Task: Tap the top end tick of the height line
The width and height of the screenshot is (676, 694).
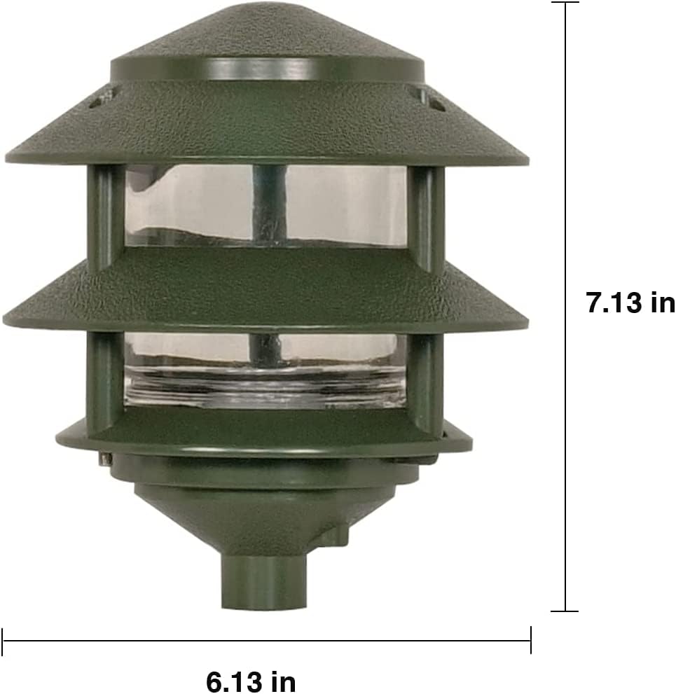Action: click(565, 3)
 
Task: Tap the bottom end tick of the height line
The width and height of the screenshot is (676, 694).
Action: click(565, 611)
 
